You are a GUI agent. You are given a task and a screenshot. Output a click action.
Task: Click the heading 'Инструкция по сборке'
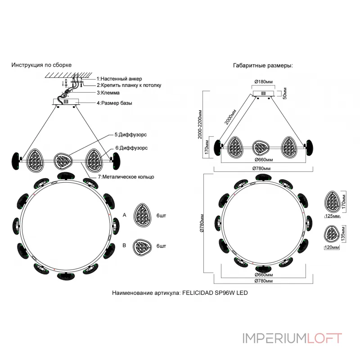(41, 65)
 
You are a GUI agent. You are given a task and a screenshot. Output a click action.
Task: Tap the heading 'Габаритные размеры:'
(263, 65)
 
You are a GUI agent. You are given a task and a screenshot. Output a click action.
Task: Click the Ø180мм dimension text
(263, 82)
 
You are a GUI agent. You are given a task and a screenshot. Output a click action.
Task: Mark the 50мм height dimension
(285, 93)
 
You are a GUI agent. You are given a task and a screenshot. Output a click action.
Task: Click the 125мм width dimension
(332, 216)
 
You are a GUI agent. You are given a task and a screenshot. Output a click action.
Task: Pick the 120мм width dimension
(332, 248)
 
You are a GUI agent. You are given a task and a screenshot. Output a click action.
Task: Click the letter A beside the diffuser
(124, 216)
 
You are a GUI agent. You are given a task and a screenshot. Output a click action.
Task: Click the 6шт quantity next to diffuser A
(161, 216)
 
